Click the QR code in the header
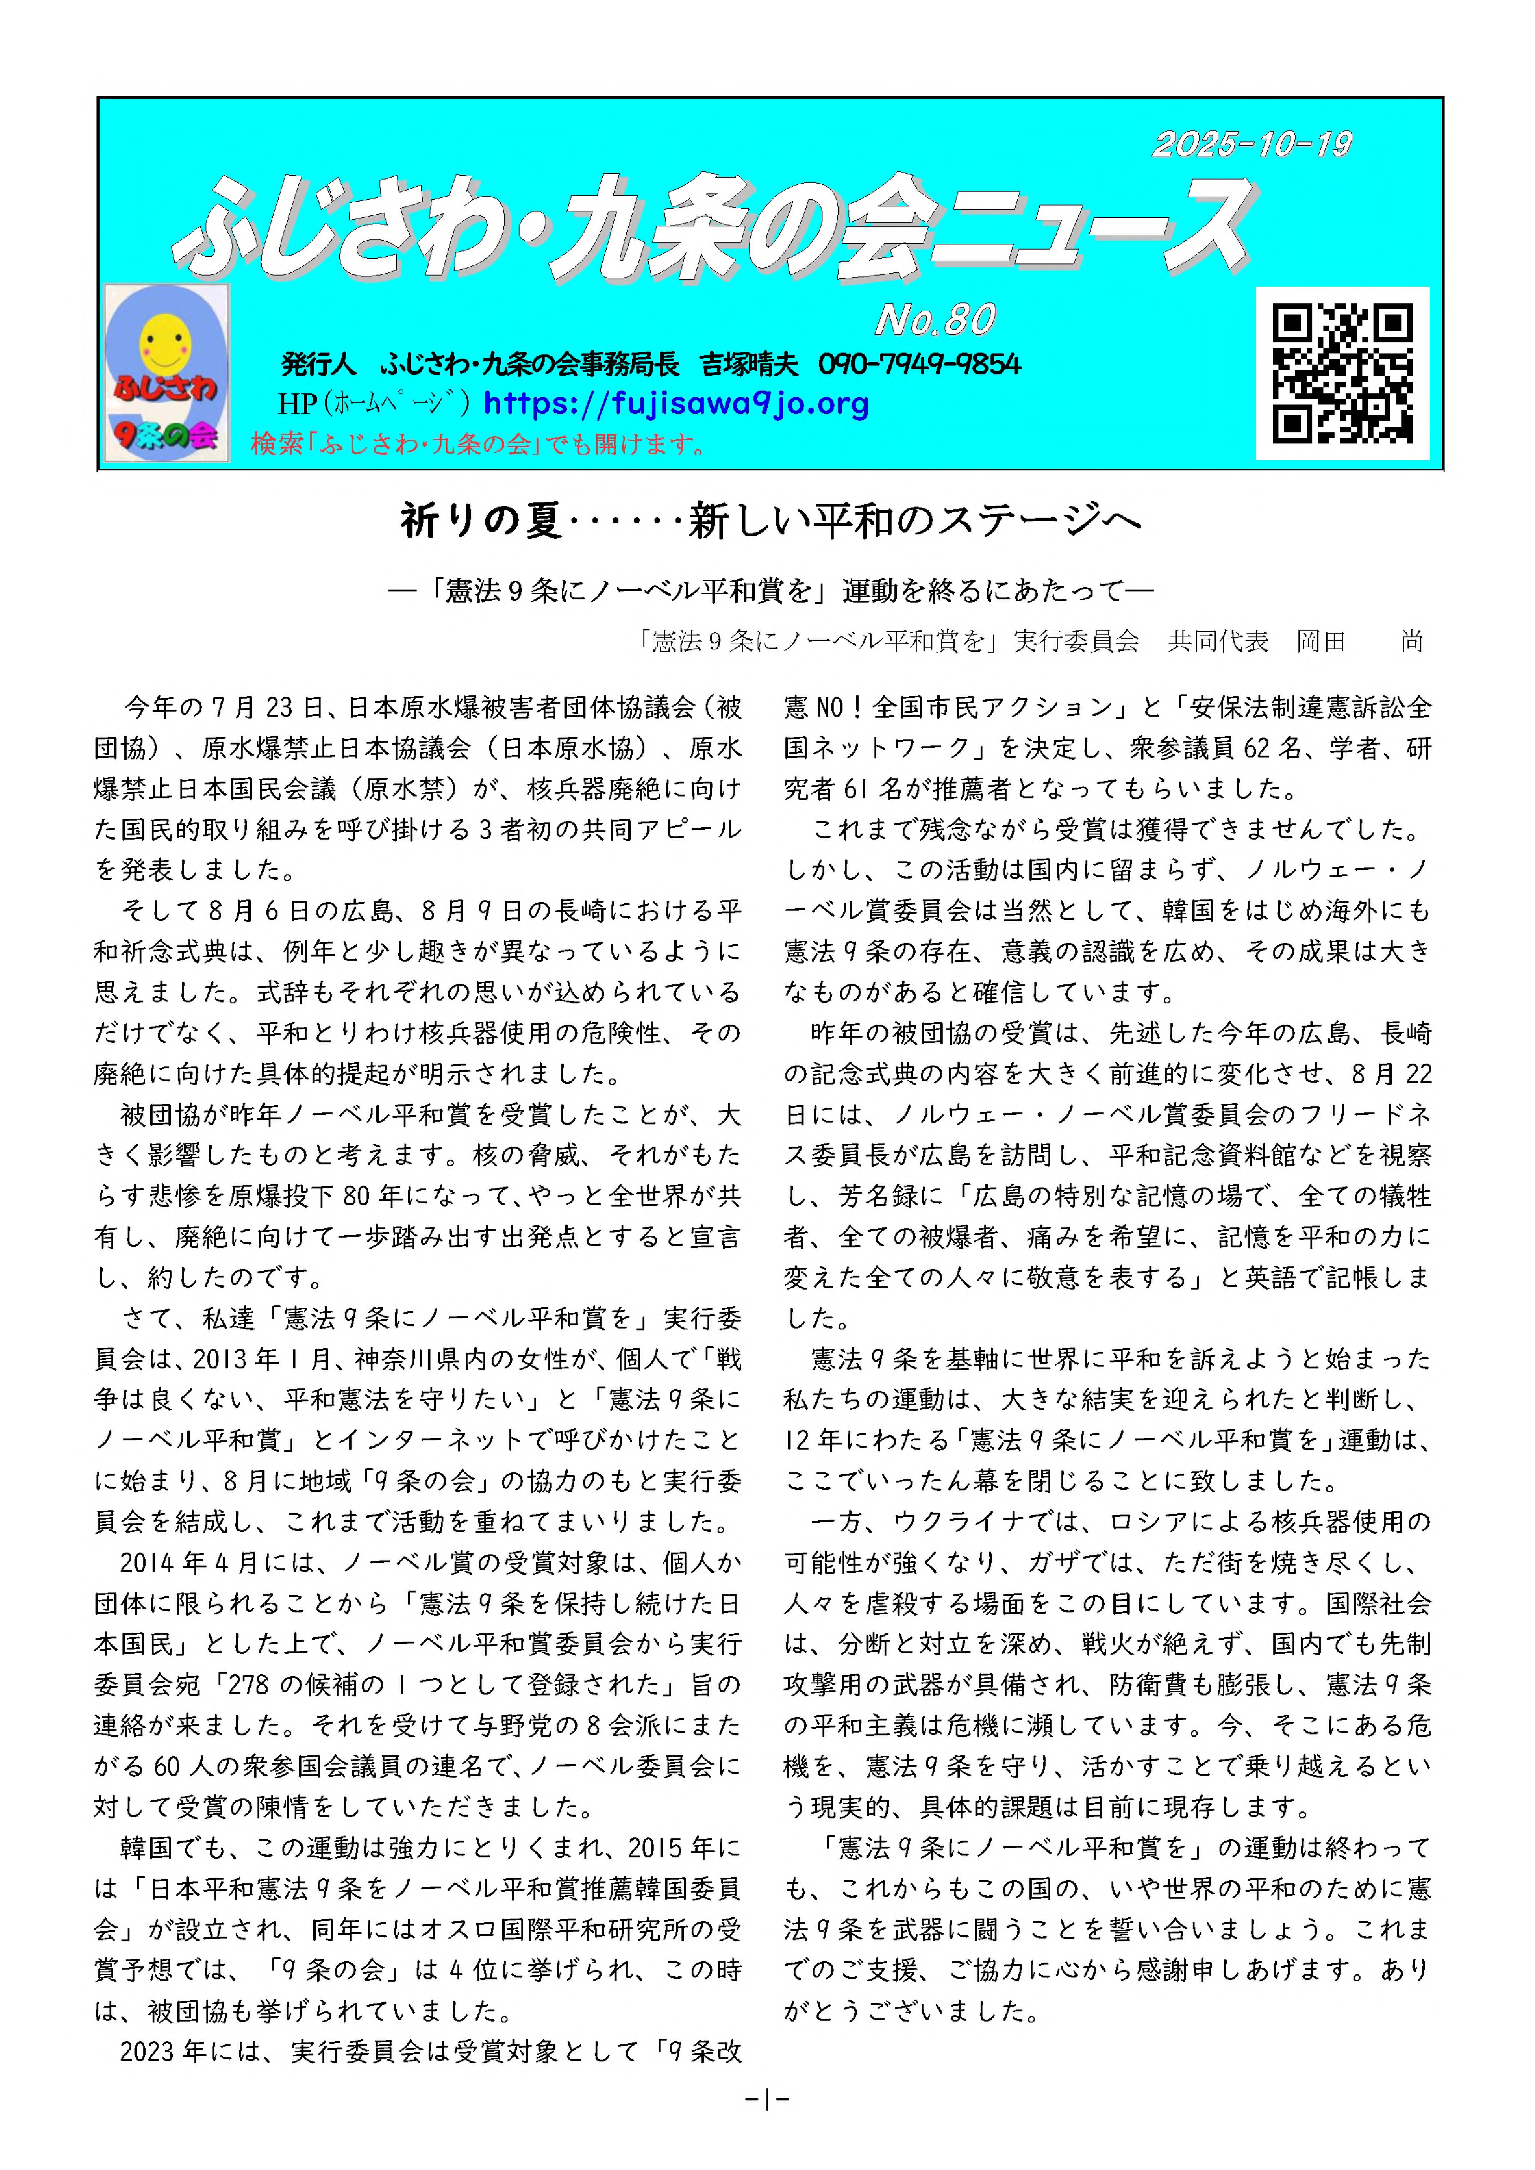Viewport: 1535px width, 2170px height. [1342, 373]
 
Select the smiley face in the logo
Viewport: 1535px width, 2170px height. [165, 342]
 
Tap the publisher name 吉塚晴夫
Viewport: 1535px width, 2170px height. [749, 364]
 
